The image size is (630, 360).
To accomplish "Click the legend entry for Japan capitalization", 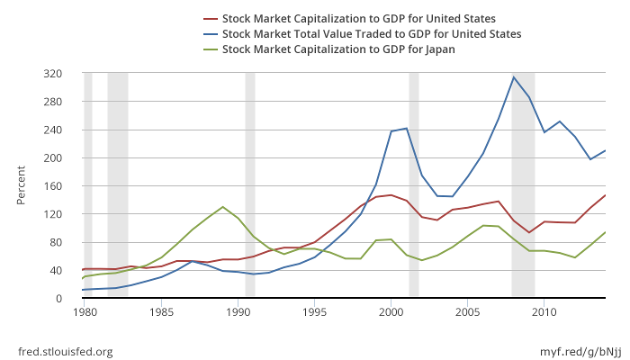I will pyautogui.click(x=337, y=49).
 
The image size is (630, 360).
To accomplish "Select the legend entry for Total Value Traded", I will pyautogui.click(x=371, y=34).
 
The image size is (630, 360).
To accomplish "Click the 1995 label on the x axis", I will pyautogui.click(x=314, y=312).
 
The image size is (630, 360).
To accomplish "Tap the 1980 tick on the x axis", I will pyautogui.click(x=85, y=312).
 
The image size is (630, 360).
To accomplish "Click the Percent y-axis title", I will pyautogui.click(x=22, y=186).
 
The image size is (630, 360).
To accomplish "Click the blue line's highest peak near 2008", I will pyautogui.click(x=513, y=76).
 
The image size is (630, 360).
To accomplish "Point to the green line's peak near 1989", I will pyautogui.click(x=222, y=207).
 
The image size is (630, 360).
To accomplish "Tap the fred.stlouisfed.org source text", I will pyautogui.click(x=66, y=352).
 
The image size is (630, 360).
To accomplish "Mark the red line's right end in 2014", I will pyautogui.click(x=605, y=195).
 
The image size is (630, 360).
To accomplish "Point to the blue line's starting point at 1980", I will pyautogui.click(x=83, y=290).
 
